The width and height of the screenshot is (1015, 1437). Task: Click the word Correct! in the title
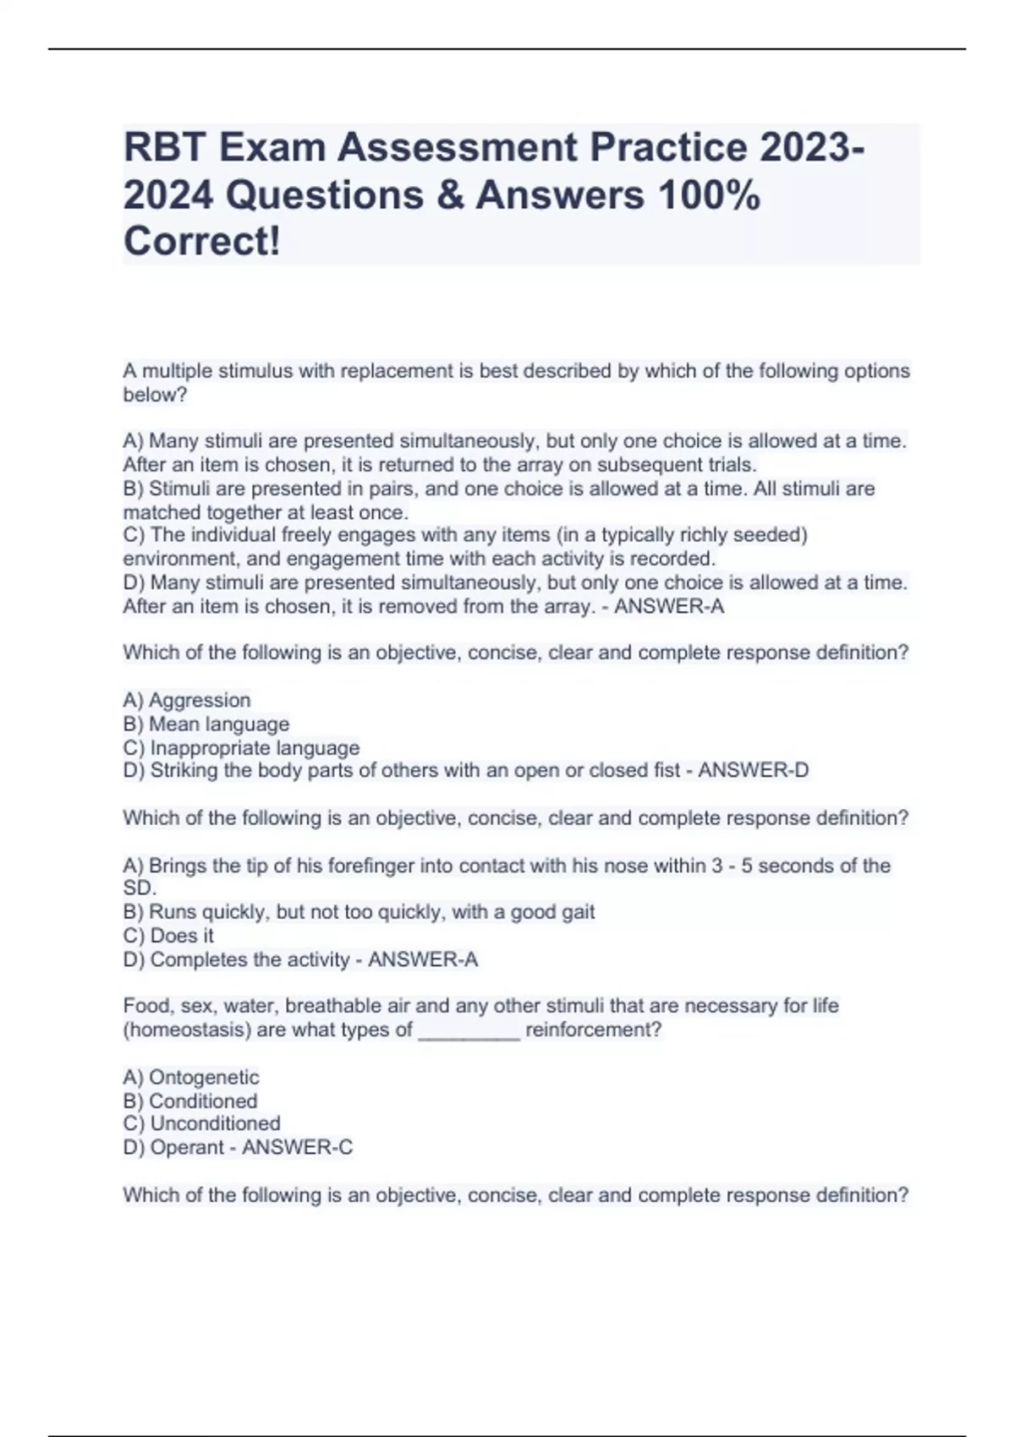[x=201, y=242]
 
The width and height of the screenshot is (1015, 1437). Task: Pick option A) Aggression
[x=187, y=700]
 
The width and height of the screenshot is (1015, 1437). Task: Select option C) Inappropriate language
[x=241, y=748]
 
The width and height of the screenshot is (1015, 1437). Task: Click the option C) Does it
[x=168, y=936]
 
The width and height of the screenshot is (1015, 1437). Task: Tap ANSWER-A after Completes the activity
[x=423, y=959]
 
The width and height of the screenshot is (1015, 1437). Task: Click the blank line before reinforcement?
[x=469, y=1031]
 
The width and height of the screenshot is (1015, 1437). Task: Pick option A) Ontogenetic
[x=191, y=1077]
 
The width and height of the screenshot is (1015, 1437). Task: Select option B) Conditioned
[x=190, y=1101]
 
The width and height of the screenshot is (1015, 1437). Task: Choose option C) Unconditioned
[x=201, y=1123]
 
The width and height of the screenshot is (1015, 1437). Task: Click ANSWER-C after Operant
[x=297, y=1147]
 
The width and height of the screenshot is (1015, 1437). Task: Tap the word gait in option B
[x=578, y=912]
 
